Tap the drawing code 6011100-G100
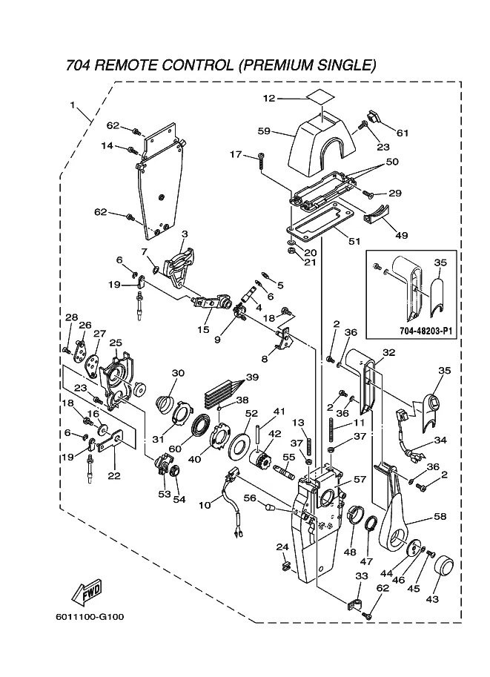pyautogui.click(x=89, y=616)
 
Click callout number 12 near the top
pyautogui.click(x=269, y=98)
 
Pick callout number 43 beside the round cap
pyautogui.click(x=431, y=598)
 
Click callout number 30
pyautogui.click(x=178, y=373)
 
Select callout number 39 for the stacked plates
pyautogui.click(x=252, y=377)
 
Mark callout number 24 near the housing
pyautogui.click(x=282, y=546)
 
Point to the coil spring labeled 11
pyautogui.click(x=324, y=433)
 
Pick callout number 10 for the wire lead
pyautogui.click(x=205, y=505)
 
